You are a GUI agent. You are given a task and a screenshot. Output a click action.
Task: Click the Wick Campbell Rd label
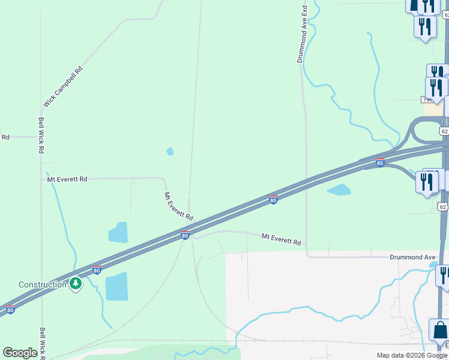point(62,88)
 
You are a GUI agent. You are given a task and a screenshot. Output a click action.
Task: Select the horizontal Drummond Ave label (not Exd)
point(412,257)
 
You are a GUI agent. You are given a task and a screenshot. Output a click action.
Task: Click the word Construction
point(43,284)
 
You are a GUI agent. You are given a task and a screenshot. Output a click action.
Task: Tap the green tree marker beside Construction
point(76,283)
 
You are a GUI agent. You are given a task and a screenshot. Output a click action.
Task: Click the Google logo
point(20,353)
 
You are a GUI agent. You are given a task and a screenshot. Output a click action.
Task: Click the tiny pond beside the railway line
point(170,151)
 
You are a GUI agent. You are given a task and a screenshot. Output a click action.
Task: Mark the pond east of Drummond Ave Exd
point(339,190)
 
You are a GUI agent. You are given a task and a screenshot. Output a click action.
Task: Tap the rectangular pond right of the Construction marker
point(116,286)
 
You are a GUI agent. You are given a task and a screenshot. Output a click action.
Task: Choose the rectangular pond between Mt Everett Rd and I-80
point(118,232)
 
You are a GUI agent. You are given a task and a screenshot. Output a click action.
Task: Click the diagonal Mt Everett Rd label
point(179,206)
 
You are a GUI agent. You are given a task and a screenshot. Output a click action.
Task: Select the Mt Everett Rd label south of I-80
point(281,239)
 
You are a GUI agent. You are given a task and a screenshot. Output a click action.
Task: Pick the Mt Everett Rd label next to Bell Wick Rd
point(67,179)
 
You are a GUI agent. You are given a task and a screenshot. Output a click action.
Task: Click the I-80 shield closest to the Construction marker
point(97,270)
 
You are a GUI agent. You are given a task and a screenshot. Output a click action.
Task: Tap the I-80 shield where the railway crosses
point(185,235)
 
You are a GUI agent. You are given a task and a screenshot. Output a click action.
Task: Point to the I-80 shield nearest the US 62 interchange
point(380,163)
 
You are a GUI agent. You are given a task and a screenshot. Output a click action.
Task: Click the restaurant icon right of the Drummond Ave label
point(444,274)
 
